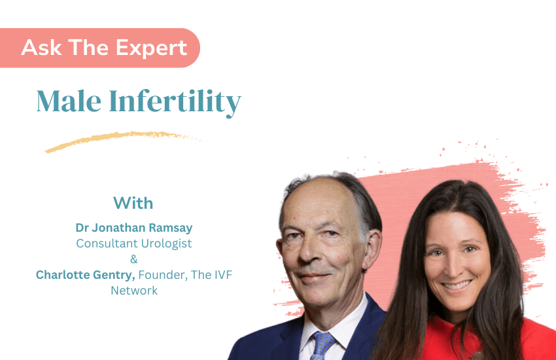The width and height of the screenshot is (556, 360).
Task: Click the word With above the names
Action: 133,202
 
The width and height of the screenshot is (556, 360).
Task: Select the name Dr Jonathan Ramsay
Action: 134,228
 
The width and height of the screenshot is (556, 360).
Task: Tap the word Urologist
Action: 164,243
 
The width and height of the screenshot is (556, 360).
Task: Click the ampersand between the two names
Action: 134,259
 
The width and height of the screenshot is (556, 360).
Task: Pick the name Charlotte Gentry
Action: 86,275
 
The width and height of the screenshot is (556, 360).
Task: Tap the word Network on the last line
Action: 134,290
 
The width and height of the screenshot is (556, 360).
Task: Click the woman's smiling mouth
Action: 457,286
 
